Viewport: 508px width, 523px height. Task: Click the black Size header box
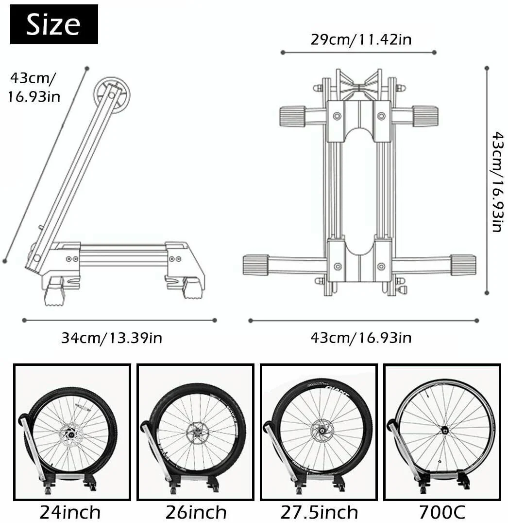[54, 24]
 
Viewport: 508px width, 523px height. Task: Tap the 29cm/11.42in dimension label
[361, 39]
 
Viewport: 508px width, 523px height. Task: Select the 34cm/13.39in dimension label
[112, 337]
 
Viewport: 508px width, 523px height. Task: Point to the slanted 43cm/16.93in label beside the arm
[33, 87]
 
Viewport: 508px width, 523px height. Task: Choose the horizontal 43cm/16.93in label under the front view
[361, 337]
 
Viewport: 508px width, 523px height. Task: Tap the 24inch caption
[70, 512]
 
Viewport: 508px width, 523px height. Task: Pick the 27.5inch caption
[319, 512]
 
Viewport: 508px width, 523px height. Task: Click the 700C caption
[442, 512]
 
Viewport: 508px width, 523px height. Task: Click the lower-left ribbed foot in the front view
[256, 265]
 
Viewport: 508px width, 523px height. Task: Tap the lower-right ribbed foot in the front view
[463, 265]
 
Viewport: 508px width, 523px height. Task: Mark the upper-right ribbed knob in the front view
[425, 116]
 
